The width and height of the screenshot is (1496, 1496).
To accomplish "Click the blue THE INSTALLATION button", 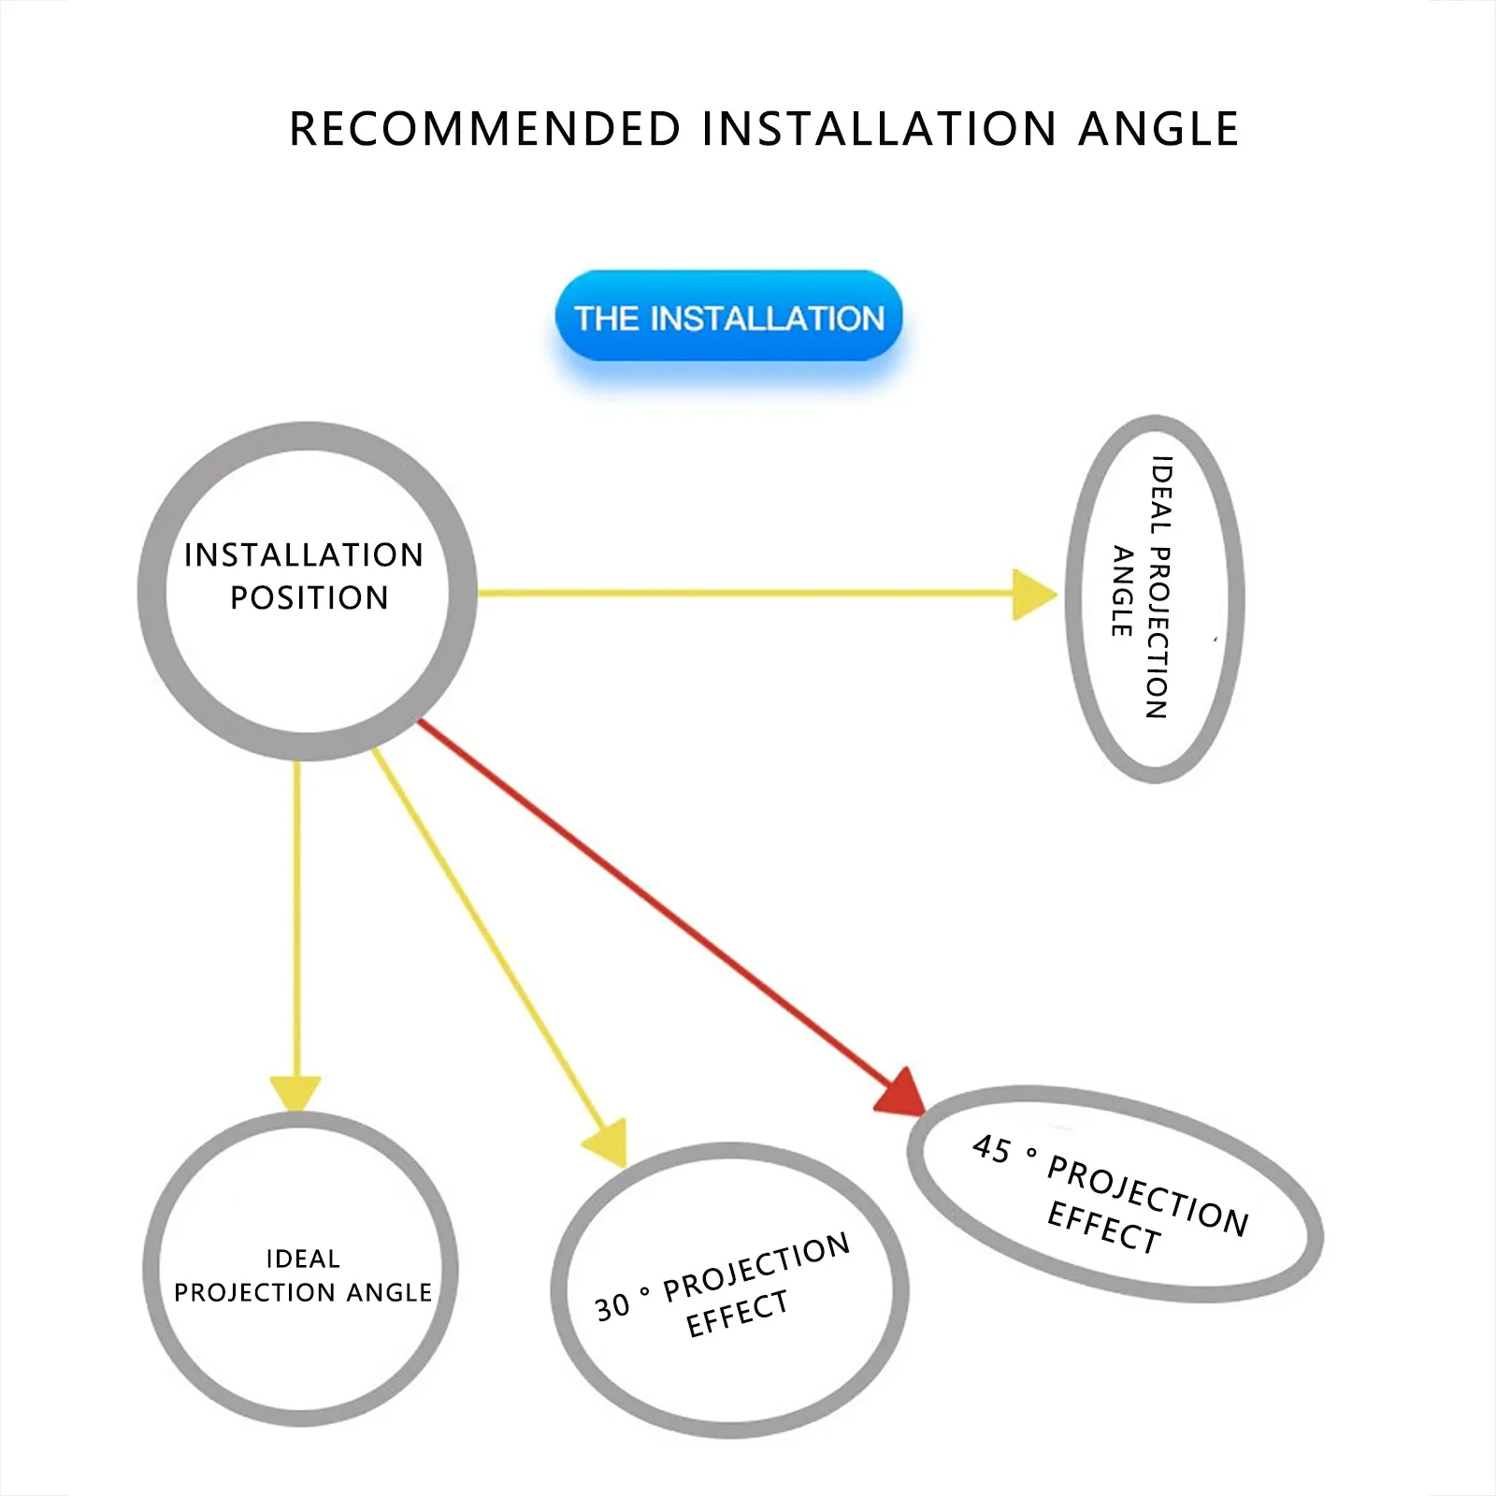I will click(x=728, y=317).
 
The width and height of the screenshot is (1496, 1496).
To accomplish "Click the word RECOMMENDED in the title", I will click(x=484, y=129).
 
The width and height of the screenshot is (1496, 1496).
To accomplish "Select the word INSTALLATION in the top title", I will click(x=879, y=129).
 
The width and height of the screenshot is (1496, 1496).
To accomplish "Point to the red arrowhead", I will click(x=901, y=1093).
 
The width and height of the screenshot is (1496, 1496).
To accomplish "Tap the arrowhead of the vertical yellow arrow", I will click(x=295, y=1091).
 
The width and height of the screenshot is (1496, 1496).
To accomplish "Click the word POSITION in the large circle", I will click(x=309, y=597).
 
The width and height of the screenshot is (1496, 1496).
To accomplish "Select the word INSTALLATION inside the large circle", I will click(x=304, y=554).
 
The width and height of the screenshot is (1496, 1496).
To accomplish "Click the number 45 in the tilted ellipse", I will click(x=991, y=1149).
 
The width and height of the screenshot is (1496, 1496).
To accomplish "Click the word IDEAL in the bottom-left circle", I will click(x=303, y=1259).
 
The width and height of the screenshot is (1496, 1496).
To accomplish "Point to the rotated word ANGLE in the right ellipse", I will click(x=1122, y=591).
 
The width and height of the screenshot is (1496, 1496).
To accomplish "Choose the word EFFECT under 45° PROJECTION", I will click(x=1103, y=1227).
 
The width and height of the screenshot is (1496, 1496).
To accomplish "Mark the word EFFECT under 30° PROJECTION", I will click(x=737, y=1314).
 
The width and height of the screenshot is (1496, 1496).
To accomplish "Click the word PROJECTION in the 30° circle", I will click(x=756, y=1268).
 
